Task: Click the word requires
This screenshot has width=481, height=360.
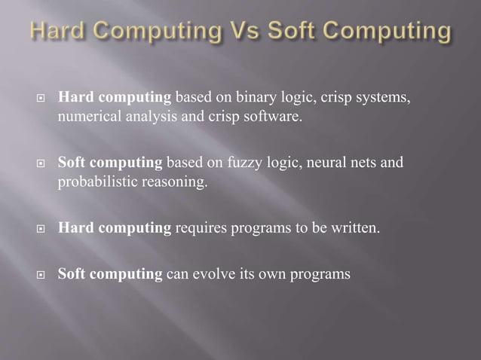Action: [x=200, y=228]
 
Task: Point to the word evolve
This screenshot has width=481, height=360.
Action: [x=212, y=273]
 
